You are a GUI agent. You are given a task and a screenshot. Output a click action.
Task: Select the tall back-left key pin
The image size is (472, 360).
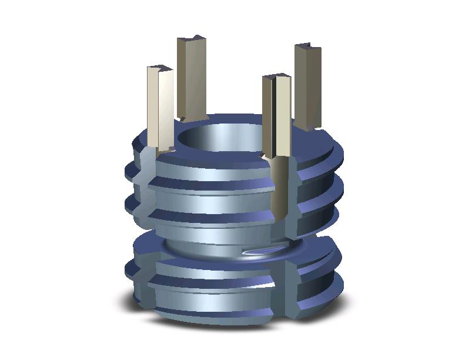191,79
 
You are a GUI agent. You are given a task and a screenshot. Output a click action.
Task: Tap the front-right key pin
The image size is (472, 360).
277,118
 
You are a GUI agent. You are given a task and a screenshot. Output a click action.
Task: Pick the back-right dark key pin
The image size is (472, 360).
307,85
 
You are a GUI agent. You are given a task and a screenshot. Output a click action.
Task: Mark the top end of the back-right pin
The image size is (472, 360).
307,46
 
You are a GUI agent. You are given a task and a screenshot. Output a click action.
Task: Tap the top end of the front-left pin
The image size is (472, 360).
159,68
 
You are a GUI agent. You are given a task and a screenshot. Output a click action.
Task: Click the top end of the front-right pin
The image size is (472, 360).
276,76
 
